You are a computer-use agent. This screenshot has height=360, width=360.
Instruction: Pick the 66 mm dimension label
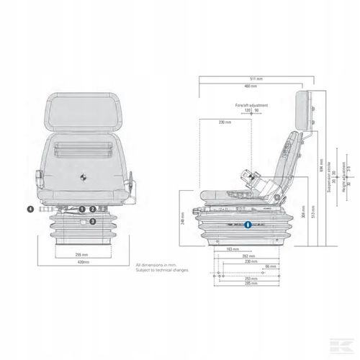[269, 266]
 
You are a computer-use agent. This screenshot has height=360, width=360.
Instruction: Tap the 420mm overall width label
[82, 264]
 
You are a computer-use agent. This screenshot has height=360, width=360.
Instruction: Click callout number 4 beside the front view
[30, 209]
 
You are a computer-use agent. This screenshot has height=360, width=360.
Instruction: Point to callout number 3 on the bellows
[92, 222]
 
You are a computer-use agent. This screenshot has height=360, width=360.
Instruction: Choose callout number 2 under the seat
[93, 210]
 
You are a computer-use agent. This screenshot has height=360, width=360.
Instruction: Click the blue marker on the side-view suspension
[248, 225]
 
